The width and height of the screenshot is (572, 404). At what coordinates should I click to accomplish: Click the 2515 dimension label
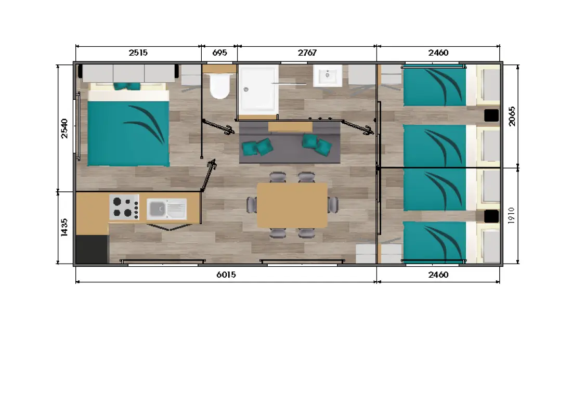138,53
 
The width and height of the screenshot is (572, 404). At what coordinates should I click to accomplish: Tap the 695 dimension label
219,53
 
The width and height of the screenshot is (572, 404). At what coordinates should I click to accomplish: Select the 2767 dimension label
307,53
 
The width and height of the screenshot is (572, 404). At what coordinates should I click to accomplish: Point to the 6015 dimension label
226,275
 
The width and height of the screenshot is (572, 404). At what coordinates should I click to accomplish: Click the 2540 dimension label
64,128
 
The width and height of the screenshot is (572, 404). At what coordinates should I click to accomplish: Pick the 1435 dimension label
64,228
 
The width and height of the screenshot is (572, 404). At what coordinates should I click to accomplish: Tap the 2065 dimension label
512,116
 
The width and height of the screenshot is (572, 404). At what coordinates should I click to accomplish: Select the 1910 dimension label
511,215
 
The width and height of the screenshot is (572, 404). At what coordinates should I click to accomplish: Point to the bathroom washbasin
328,75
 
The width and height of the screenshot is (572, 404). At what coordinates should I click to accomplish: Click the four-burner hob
124,207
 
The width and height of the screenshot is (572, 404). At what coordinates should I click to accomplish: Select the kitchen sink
167,209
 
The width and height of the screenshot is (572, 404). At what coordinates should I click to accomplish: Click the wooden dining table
292,205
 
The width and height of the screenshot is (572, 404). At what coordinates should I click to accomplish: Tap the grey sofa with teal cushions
290,142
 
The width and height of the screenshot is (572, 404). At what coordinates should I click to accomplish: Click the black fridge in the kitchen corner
92,249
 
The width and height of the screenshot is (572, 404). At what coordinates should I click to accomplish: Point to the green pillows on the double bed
127,86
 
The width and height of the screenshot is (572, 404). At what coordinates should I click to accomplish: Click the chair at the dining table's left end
252,204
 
